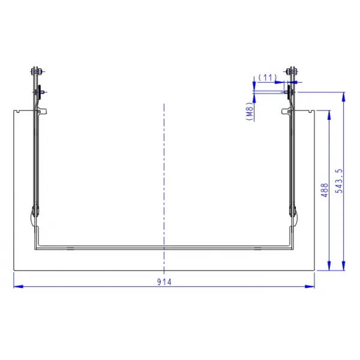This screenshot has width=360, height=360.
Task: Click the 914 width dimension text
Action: [x=164, y=282]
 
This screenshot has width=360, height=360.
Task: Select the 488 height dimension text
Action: [x=325, y=190]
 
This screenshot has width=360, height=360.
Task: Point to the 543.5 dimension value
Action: [x=339, y=181]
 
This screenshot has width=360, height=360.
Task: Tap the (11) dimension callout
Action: [x=268, y=77]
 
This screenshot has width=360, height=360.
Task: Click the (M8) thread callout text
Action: [x=250, y=112]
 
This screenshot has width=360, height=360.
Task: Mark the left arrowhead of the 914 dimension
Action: [x=19, y=286]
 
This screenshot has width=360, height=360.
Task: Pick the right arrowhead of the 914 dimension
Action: [x=310, y=286]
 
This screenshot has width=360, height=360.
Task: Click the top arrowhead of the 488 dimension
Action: [x=329, y=115]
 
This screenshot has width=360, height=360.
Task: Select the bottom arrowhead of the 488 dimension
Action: [x=329, y=266]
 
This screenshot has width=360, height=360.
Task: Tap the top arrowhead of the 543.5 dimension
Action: [x=343, y=97]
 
